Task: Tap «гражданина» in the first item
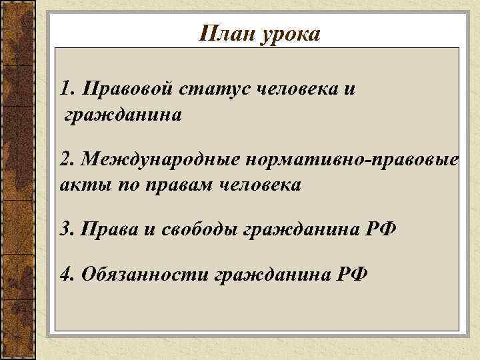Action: pos(122,116)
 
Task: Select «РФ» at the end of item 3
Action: pos(381,230)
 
